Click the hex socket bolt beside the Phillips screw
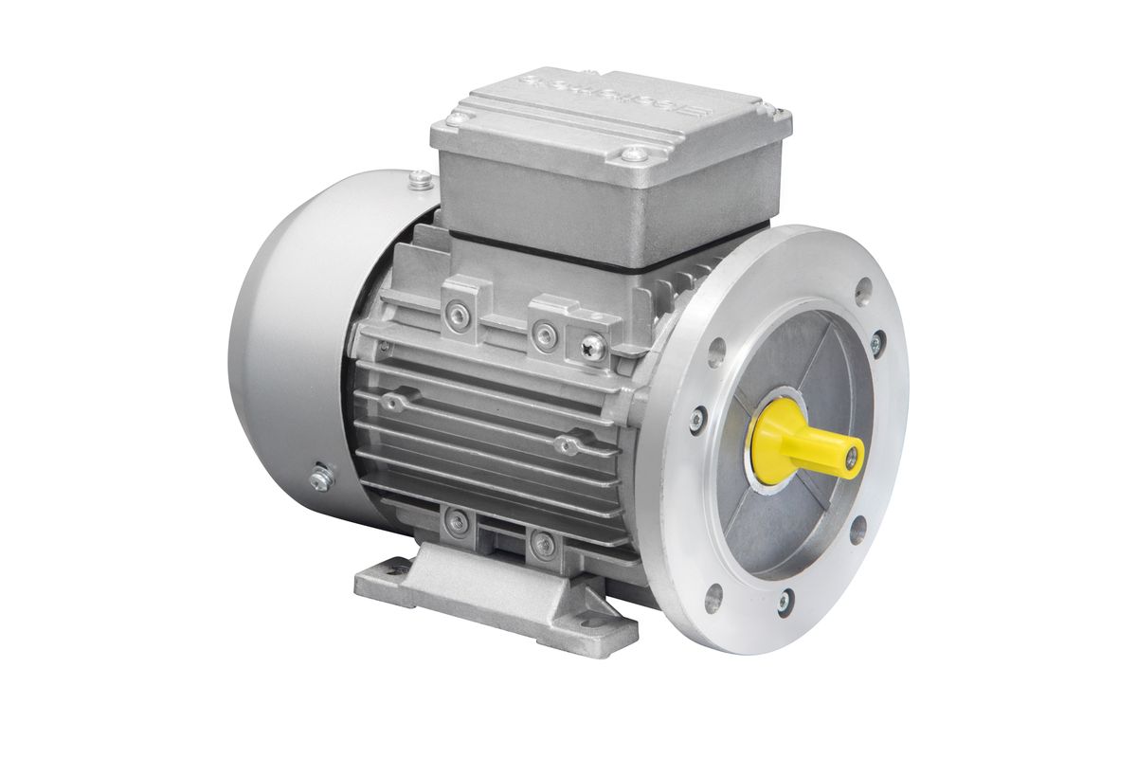pyautogui.click(x=543, y=331)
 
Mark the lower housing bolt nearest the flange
pyautogui.click(x=543, y=542)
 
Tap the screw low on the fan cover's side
pyautogui.click(x=318, y=480)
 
